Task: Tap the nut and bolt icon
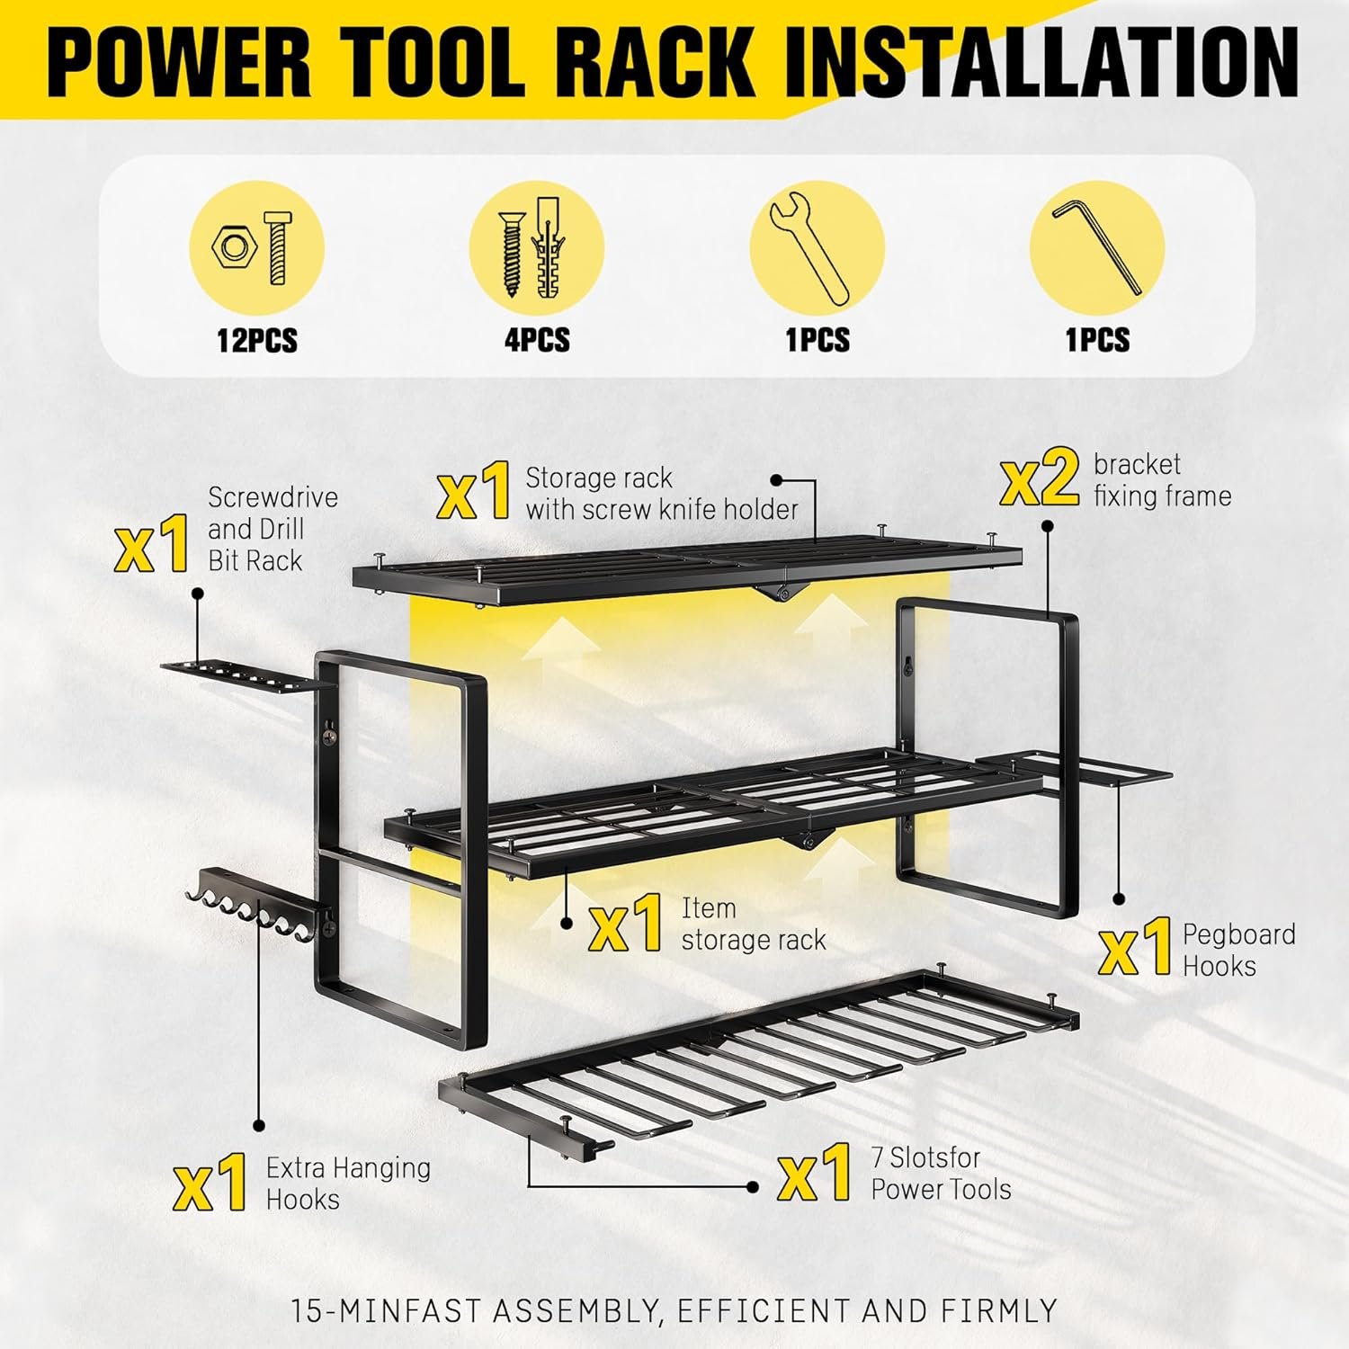click(256, 248)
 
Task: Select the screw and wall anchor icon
click(536, 249)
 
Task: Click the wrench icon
click(817, 249)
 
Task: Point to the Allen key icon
click(1097, 247)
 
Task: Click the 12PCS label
click(256, 341)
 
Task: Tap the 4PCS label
click(537, 341)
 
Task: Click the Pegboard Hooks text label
click(1238, 950)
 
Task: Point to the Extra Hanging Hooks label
click(348, 1184)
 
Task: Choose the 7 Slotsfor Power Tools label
click(941, 1173)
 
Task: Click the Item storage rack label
click(753, 925)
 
